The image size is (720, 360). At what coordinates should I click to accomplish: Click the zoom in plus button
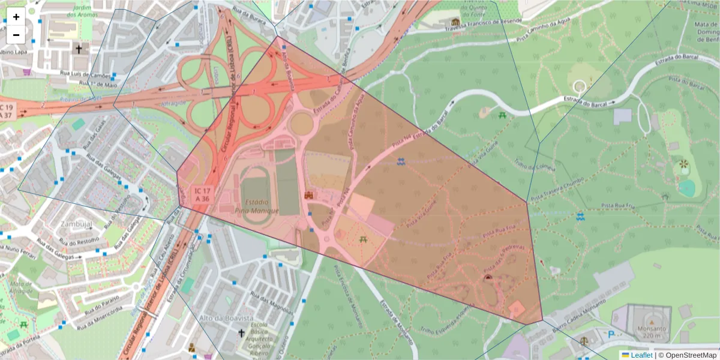click(x=16, y=17)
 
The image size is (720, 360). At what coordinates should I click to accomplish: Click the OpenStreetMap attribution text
click(x=689, y=355)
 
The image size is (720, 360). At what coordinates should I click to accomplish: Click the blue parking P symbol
click(x=611, y=335)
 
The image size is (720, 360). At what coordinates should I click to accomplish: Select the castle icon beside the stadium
click(x=309, y=196)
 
